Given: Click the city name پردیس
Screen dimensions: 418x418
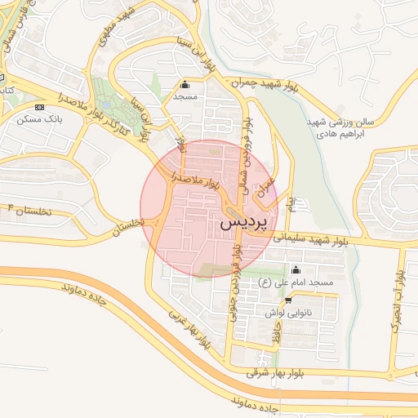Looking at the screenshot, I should click(x=243, y=221).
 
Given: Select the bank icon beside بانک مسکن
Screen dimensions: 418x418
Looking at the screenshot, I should click(x=39, y=107).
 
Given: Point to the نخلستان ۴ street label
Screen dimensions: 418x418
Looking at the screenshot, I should click(x=26, y=210).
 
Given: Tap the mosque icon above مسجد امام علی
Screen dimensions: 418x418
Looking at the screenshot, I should click(x=296, y=270).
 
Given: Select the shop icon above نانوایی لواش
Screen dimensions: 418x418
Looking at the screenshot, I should click(x=287, y=300).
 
